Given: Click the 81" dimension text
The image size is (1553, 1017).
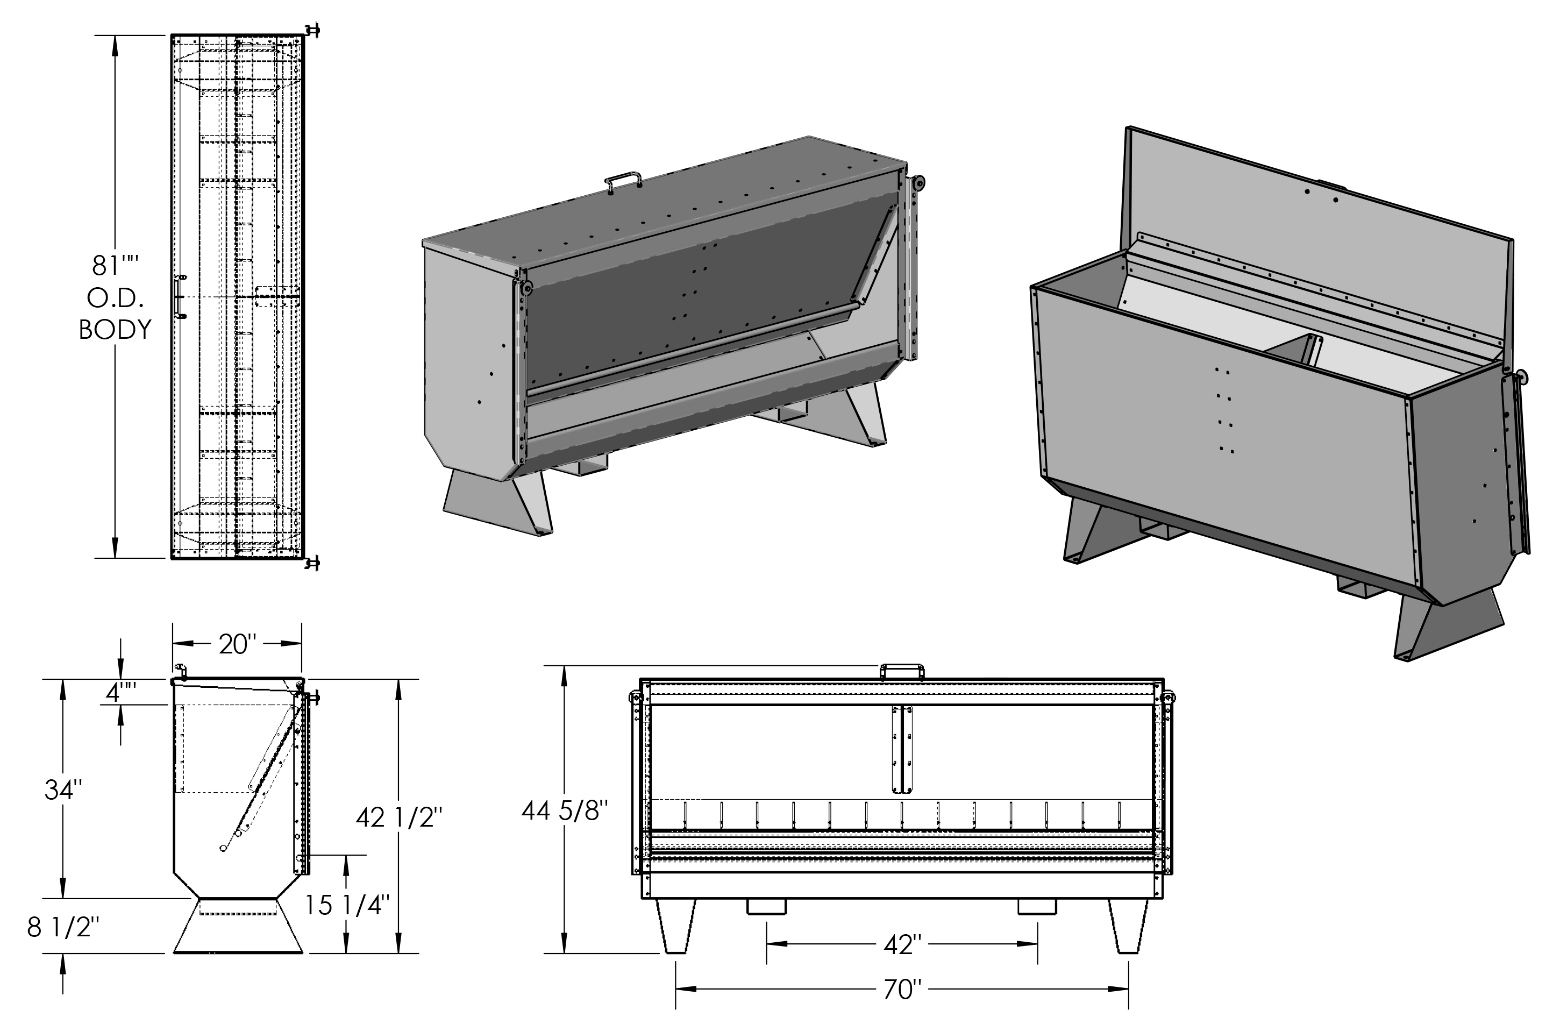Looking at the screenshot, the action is click(x=116, y=266).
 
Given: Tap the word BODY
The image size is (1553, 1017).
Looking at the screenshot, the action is click(x=116, y=330).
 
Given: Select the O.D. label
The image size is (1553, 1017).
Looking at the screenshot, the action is click(x=116, y=298).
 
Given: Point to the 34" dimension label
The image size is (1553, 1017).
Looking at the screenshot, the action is click(x=63, y=791).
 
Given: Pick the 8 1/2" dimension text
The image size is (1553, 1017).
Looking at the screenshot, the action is click(x=63, y=928).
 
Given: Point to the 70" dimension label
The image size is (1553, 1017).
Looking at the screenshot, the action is click(x=902, y=990).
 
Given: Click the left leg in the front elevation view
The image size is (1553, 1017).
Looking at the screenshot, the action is click(x=676, y=926).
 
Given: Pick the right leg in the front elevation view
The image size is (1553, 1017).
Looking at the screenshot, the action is click(x=1128, y=926).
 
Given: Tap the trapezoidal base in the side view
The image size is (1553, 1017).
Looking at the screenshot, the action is click(x=238, y=926).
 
